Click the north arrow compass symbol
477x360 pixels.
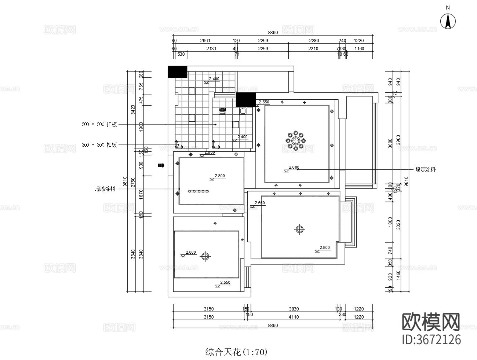[448, 21]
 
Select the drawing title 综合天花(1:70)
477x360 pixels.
[236, 353]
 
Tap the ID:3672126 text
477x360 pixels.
[432, 339]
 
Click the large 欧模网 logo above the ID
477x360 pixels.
[431, 322]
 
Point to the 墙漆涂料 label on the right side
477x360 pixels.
[425, 170]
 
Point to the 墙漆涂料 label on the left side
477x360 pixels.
[105, 189]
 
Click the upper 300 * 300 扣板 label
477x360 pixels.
[99, 125]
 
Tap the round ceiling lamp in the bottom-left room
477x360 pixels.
[205, 257]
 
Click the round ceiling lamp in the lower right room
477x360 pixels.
[300, 229]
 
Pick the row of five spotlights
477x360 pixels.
[198, 191]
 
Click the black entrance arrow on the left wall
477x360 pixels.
[161, 165]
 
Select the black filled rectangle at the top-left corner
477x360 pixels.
[177, 72]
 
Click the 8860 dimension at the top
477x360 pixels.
[273, 33]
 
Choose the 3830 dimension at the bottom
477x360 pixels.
[294, 309]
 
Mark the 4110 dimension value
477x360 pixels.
[294, 317]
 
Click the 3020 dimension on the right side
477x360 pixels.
[398, 224]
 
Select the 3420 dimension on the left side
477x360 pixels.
[133, 109]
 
